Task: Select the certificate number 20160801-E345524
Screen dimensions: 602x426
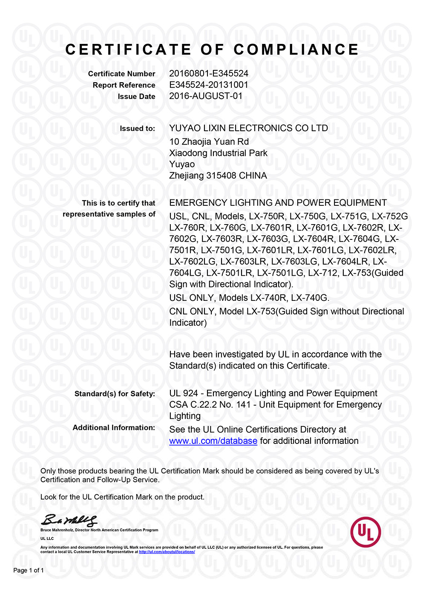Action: pos(209,73)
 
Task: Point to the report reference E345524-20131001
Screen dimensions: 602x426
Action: pos(209,85)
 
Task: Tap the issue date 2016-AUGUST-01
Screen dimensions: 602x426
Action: pos(206,96)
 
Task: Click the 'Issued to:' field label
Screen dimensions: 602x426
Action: pos(137,129)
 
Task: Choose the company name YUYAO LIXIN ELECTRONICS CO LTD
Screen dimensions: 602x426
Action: pos(248,128)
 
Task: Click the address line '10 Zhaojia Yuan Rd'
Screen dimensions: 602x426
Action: pos(209,142)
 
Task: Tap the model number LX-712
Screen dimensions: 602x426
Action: pos(323,273)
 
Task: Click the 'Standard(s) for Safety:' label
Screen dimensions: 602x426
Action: pos(115,394)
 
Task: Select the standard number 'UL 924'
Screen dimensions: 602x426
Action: pos(184,393)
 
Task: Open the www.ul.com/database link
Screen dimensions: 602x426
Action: pos(213,441)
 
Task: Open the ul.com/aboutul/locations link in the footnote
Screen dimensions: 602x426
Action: pos(167,552)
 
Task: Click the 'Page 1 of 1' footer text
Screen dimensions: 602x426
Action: pos(29,570)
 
